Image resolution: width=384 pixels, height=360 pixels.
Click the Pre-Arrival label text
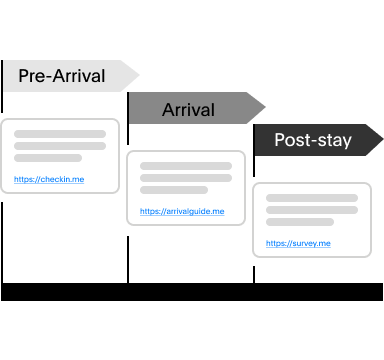[61, 76]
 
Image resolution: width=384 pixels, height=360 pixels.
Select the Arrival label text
[188, 108]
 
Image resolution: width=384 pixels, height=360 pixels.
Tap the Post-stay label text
[312, 140]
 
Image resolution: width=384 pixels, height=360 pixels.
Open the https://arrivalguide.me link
[182, 212]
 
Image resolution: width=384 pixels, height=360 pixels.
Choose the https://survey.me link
[298, 244]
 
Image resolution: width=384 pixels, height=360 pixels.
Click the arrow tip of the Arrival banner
[263, 108]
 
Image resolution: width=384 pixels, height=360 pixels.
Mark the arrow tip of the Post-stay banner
[381, 140]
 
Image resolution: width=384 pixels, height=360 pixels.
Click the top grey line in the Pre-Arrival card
[60, 134]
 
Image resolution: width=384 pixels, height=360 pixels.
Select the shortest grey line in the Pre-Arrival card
[48, 158]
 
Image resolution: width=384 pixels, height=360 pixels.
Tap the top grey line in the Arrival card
[186, 166]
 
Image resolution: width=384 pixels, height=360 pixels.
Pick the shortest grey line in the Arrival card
[174, 190]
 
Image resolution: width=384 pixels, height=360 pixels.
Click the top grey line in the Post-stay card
[312, 198]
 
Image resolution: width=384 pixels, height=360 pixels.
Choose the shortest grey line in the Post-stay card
[300, 222]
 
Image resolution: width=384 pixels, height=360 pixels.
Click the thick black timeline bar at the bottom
[192, 292]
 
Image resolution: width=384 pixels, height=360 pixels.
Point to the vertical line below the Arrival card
[128, 254]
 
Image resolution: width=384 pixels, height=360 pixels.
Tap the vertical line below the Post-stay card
[254, 270]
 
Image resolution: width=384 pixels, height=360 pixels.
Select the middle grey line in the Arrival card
[186, 178]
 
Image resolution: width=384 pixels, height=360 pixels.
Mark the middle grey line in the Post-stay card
[312, 210]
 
